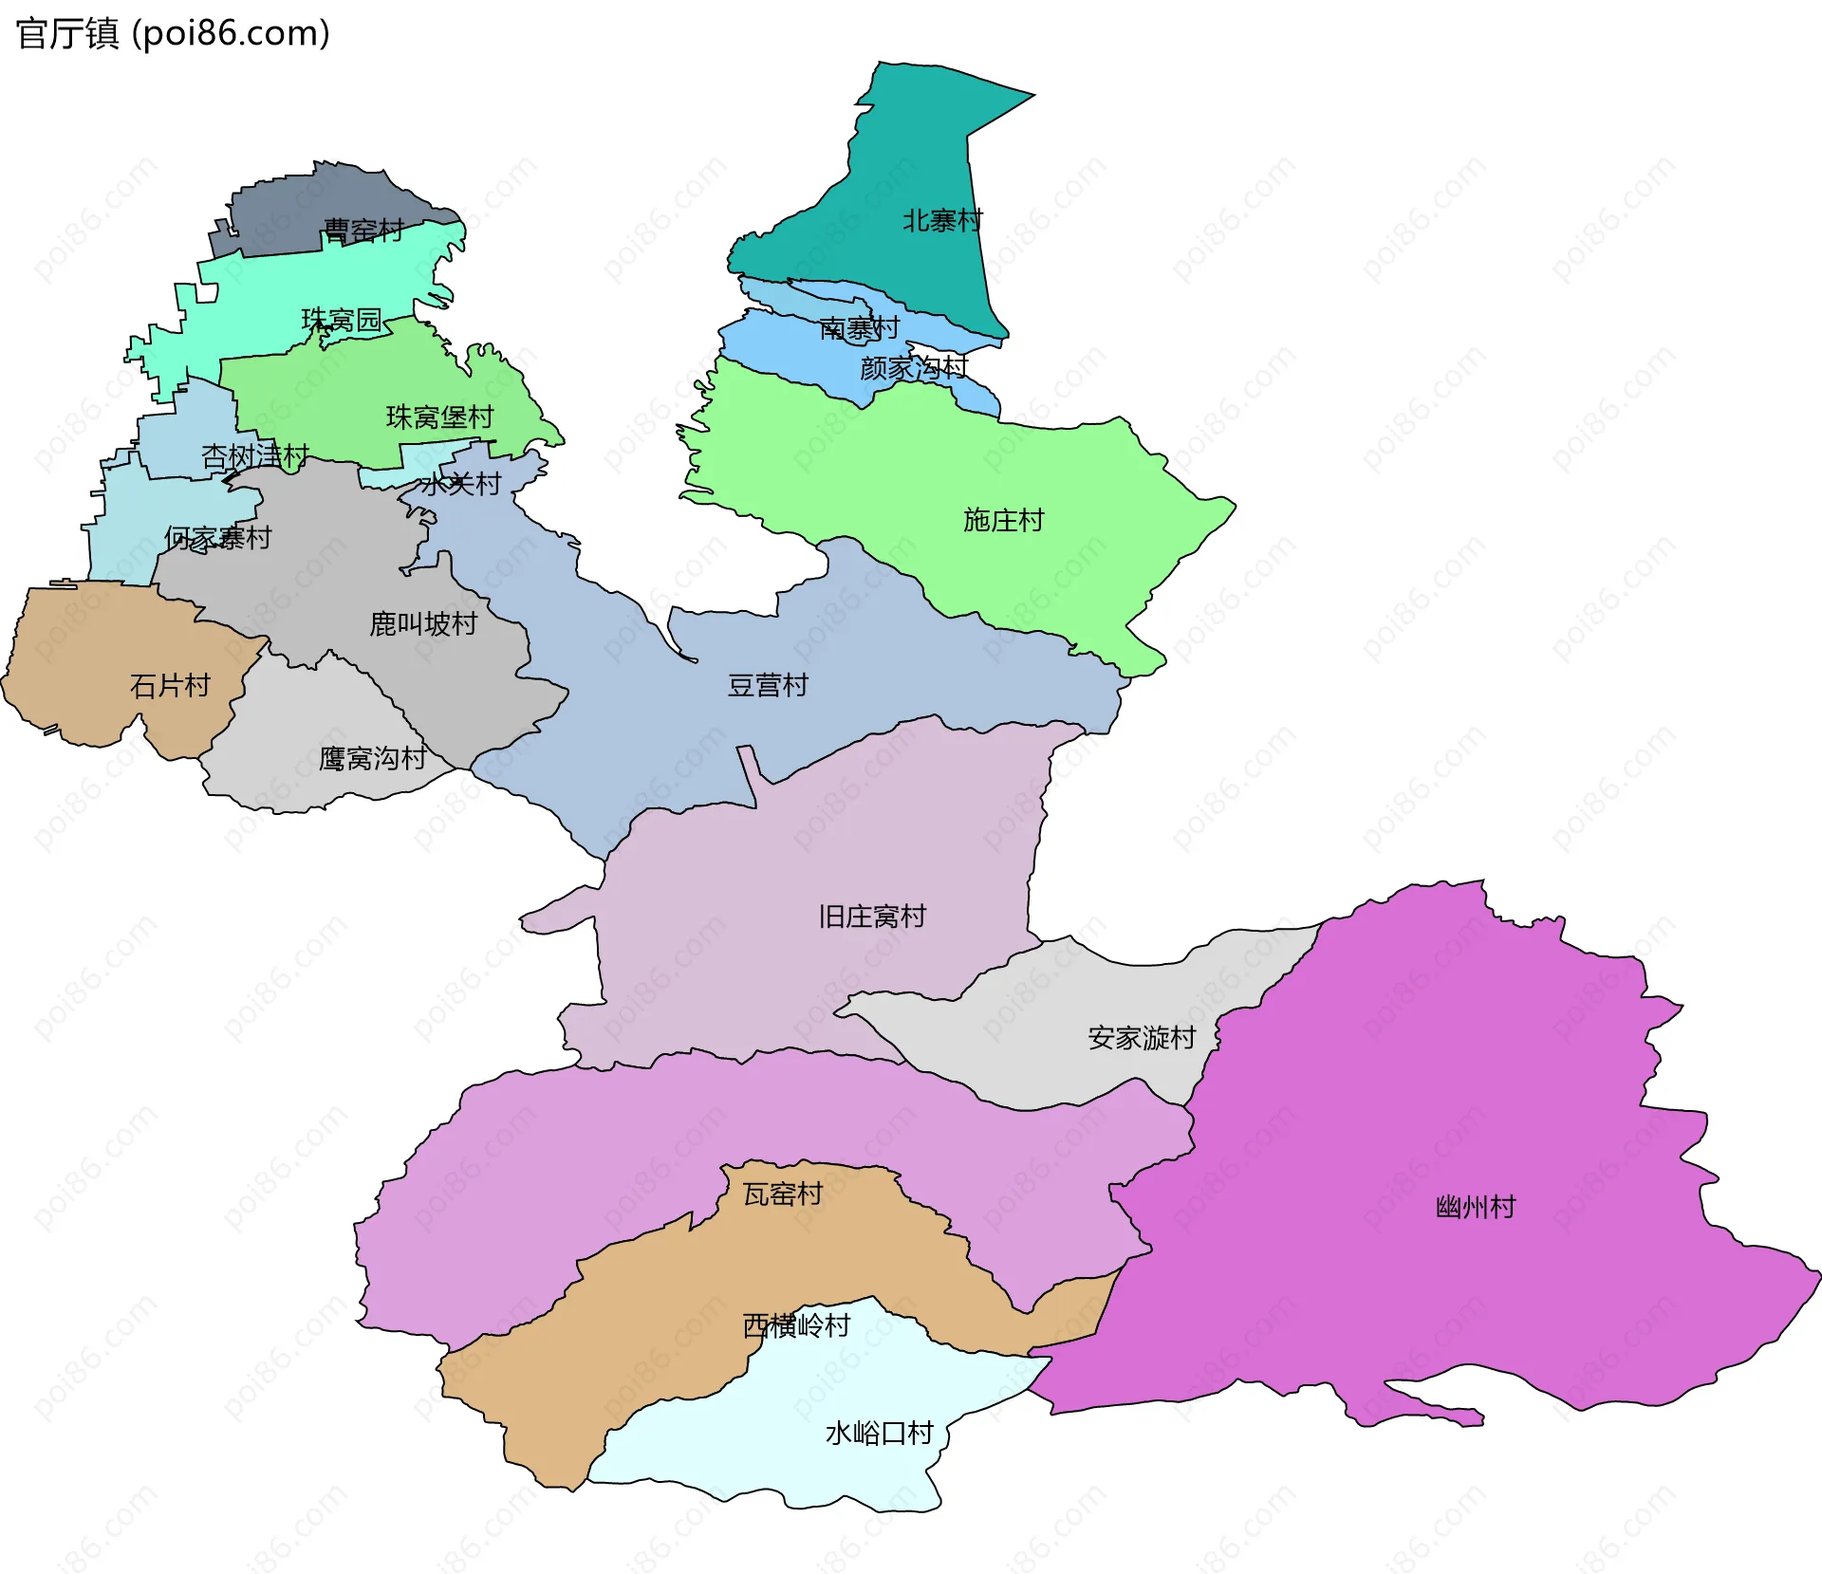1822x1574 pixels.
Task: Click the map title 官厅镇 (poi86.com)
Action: pos(173,33)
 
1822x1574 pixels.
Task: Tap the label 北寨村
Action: pos(941,221)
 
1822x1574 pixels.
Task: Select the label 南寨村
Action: pos(859,328)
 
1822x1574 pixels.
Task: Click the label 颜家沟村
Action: pos(913,368)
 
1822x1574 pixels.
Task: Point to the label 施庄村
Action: pos(1003,520)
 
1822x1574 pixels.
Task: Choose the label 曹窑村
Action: pos(363,231)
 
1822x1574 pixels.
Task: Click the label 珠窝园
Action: pos(341,320)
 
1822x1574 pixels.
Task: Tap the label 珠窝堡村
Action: pos(439,417)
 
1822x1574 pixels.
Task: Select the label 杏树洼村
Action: pos(254,456)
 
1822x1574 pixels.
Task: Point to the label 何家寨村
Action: pos(217,538)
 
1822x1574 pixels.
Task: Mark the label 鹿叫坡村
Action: pos(423,623)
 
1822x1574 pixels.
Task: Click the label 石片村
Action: pos(170,685)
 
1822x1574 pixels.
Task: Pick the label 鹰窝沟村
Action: pos(372,758)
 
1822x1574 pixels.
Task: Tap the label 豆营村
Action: pos(767,685)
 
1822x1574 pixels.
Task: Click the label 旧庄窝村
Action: pos(871,916)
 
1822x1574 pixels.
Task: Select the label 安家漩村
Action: pos(1141,1037)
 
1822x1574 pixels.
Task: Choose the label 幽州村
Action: pos(1476,1207)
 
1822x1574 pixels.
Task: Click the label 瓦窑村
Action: pos(782,1194)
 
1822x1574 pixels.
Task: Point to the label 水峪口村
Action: pos(879,1433)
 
